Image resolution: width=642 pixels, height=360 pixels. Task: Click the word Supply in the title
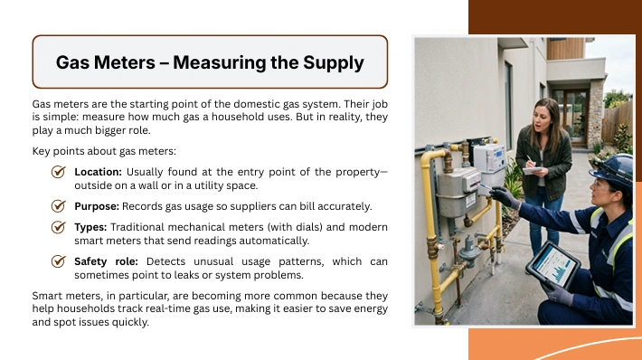tap(334, 63)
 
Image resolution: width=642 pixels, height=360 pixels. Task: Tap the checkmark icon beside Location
tap(59, 172)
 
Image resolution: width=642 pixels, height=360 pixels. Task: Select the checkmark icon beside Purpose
tap(59, 206)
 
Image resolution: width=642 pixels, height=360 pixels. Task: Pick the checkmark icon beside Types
tap(59, 227)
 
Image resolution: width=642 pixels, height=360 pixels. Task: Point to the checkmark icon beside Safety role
tap(59, 261)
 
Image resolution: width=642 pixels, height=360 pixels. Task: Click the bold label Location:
tap(99, 172)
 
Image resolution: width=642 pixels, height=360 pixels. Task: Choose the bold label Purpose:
tap(97, 206)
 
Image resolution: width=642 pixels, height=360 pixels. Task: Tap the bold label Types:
tap(90, 227)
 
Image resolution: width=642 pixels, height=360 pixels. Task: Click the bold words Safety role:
tap(106, 261)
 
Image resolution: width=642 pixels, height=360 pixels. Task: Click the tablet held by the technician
tap(553, 265)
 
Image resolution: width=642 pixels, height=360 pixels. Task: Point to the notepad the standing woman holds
tap(532, 170)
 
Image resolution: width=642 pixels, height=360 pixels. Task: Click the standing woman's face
tap(542, 118)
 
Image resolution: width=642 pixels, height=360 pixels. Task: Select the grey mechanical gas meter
tap(457, 192)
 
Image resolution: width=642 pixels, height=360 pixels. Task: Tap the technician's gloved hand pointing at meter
tap(504, 196)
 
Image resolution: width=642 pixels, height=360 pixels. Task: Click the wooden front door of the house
tap(571, 117)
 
